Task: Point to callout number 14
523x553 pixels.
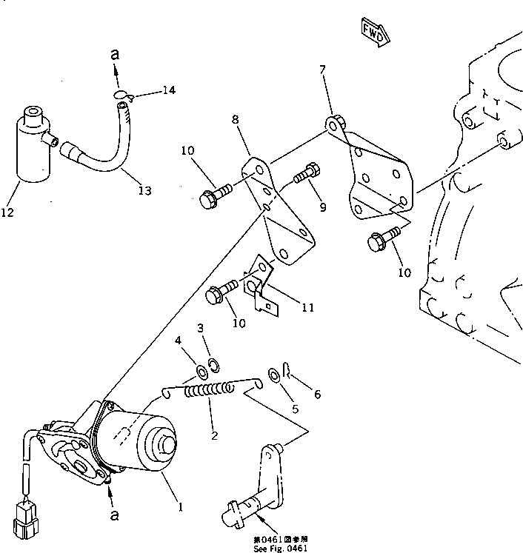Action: [169, 90]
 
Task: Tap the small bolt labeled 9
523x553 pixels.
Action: [306, 175]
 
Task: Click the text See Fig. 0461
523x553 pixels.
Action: [280, 548]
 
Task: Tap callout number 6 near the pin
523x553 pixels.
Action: [317, 395]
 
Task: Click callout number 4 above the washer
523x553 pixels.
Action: [178, 341]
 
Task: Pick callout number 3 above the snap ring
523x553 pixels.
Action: [199, 328]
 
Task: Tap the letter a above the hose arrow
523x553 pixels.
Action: [115, 55]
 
